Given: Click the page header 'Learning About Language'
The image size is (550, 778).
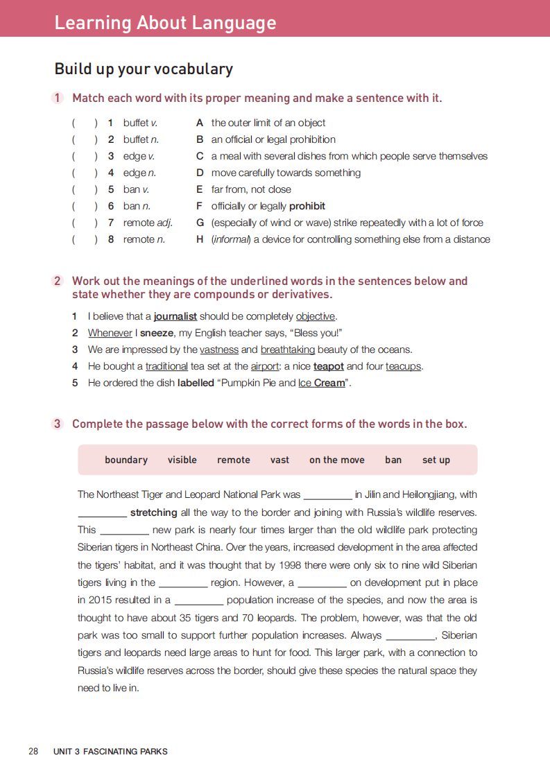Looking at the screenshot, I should click(x=165, y=23).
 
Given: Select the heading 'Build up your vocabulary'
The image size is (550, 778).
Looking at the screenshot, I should click(x=144, y=69).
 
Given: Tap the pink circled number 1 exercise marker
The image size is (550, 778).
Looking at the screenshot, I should click(x=58, y=98).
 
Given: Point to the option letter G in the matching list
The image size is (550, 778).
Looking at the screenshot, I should click(x=200, y=223).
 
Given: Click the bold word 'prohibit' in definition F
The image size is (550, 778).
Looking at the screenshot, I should click(x=307, y=206).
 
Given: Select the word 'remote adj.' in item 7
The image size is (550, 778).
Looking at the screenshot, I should click(x=148, y=223).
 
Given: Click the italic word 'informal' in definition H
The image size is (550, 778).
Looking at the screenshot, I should click(x=231, y=239).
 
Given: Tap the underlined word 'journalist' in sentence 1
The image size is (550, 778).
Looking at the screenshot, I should click(x=175, y=316).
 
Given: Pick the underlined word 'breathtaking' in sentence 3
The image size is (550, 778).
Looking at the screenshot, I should click(x=287, y=349).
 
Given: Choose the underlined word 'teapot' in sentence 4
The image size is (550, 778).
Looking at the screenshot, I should click(x=329, y=366).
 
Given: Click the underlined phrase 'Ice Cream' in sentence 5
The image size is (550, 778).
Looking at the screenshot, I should click(x=321, y=383).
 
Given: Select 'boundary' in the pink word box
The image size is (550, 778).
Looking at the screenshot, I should click(x=126, y=460).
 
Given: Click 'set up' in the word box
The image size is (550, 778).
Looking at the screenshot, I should click(x=436, y=460).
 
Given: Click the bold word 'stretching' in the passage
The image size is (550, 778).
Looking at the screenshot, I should click(x=154, y=512).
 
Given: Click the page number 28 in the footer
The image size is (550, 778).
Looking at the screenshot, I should click(x=33, y=751).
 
